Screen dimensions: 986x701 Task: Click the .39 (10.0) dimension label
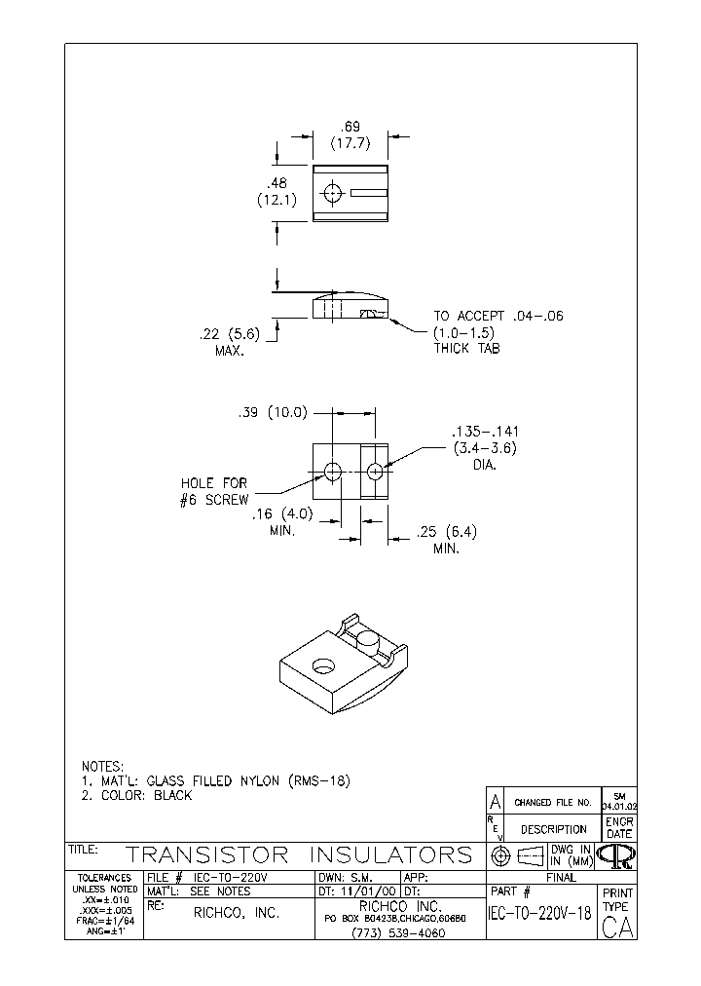click(273, 412)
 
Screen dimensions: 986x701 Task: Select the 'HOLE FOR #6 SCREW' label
click(214, 491)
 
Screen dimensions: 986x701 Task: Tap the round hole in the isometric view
click(319, 667)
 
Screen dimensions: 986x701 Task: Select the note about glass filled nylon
click(214, 780)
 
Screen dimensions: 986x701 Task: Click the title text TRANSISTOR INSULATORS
click(300, 855)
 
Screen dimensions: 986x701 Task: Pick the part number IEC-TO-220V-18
click(540, 913)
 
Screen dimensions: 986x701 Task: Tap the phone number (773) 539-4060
click(400, 932)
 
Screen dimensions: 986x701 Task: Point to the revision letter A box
click(495, 802)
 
